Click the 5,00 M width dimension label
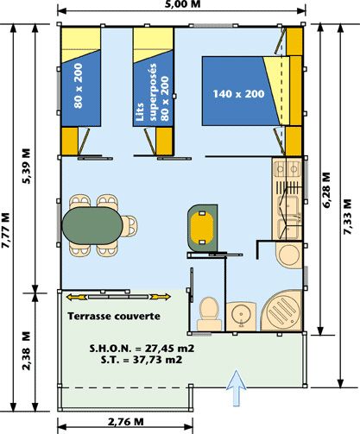coord(183,4)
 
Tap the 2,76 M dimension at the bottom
coord(125,422)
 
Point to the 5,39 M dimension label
coord(26,166)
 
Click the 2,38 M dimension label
coord(26,350)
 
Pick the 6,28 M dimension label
coord(326,190)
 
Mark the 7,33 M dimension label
coord(348,217)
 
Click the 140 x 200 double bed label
coord(238,94)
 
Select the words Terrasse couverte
coord(114,316)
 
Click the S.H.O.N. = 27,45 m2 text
coord(142,349)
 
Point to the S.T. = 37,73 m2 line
coord(142,360)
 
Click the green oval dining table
coord(92,226)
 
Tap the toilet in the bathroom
coord(209,314)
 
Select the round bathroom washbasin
coord(241,317)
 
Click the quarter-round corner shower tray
coord(281,311)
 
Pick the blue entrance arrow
coord(237,388)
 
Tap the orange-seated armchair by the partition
coord(202,228)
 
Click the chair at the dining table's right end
coord(129,226)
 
